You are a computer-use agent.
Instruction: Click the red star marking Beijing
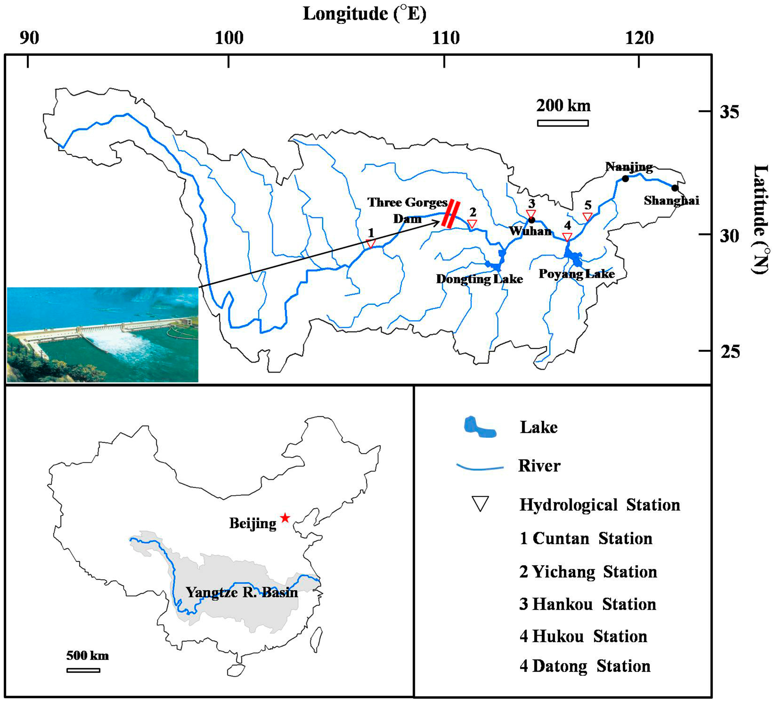point(284,518)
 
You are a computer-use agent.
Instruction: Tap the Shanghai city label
point(671,200)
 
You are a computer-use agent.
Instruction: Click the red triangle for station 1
point(370,244)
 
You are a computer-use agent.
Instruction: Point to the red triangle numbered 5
point(587,217)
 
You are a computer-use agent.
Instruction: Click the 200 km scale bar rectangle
point(563,123)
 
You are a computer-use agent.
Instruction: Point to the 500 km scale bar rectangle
point(83,670)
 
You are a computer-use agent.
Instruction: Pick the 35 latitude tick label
point(729,112)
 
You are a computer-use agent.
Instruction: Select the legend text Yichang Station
point(588,572)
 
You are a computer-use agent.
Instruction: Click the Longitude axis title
point(364,14)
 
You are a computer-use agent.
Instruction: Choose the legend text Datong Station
point(585,666)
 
